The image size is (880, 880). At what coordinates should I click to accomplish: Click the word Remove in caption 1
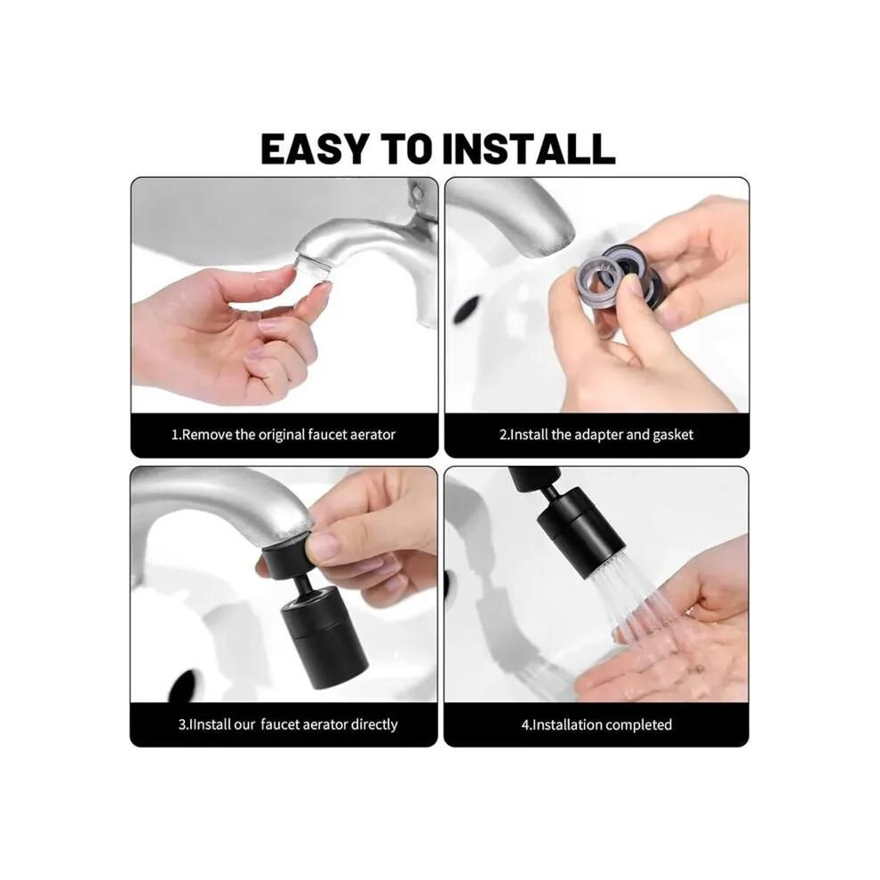click(x=207, y=435)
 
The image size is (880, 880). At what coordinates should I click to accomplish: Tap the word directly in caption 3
click(x=374, y=724)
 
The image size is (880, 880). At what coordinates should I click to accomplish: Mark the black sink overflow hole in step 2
click(x=467, y=308)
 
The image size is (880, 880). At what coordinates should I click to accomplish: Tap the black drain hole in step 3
click(x=184, y=686)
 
